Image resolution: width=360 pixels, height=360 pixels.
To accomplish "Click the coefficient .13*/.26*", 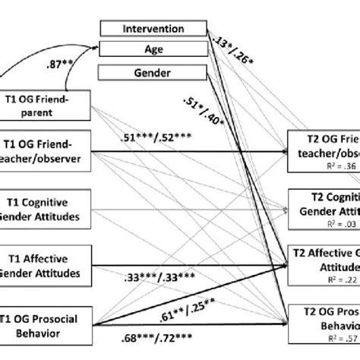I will tap(235, 39).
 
